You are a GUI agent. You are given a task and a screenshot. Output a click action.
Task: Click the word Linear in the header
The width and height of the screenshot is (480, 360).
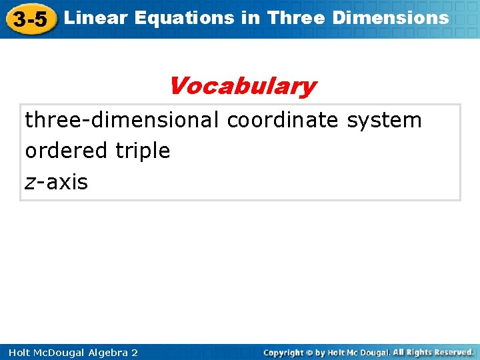click(x=96, y=18)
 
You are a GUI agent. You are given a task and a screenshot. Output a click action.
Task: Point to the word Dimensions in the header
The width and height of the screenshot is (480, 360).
click(x=391, y=18)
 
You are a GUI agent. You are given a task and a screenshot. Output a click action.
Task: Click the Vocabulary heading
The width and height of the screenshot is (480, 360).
click(x=241, y=86)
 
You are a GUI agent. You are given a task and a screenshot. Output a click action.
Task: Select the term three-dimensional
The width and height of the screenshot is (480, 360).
click(x=121, y=120)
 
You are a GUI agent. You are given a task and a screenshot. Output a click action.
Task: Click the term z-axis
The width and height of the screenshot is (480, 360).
click(x=56, y=181)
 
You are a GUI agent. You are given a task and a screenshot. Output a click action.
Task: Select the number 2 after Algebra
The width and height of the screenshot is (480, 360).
click(x=135, y=352)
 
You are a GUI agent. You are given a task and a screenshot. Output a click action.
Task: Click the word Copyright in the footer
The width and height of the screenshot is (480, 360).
click(x=284, y=352)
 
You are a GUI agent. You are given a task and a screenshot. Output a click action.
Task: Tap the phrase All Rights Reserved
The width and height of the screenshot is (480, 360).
click(x=433, y=352)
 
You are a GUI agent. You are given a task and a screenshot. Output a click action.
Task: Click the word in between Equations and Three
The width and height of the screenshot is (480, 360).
click(x=249, y=18)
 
